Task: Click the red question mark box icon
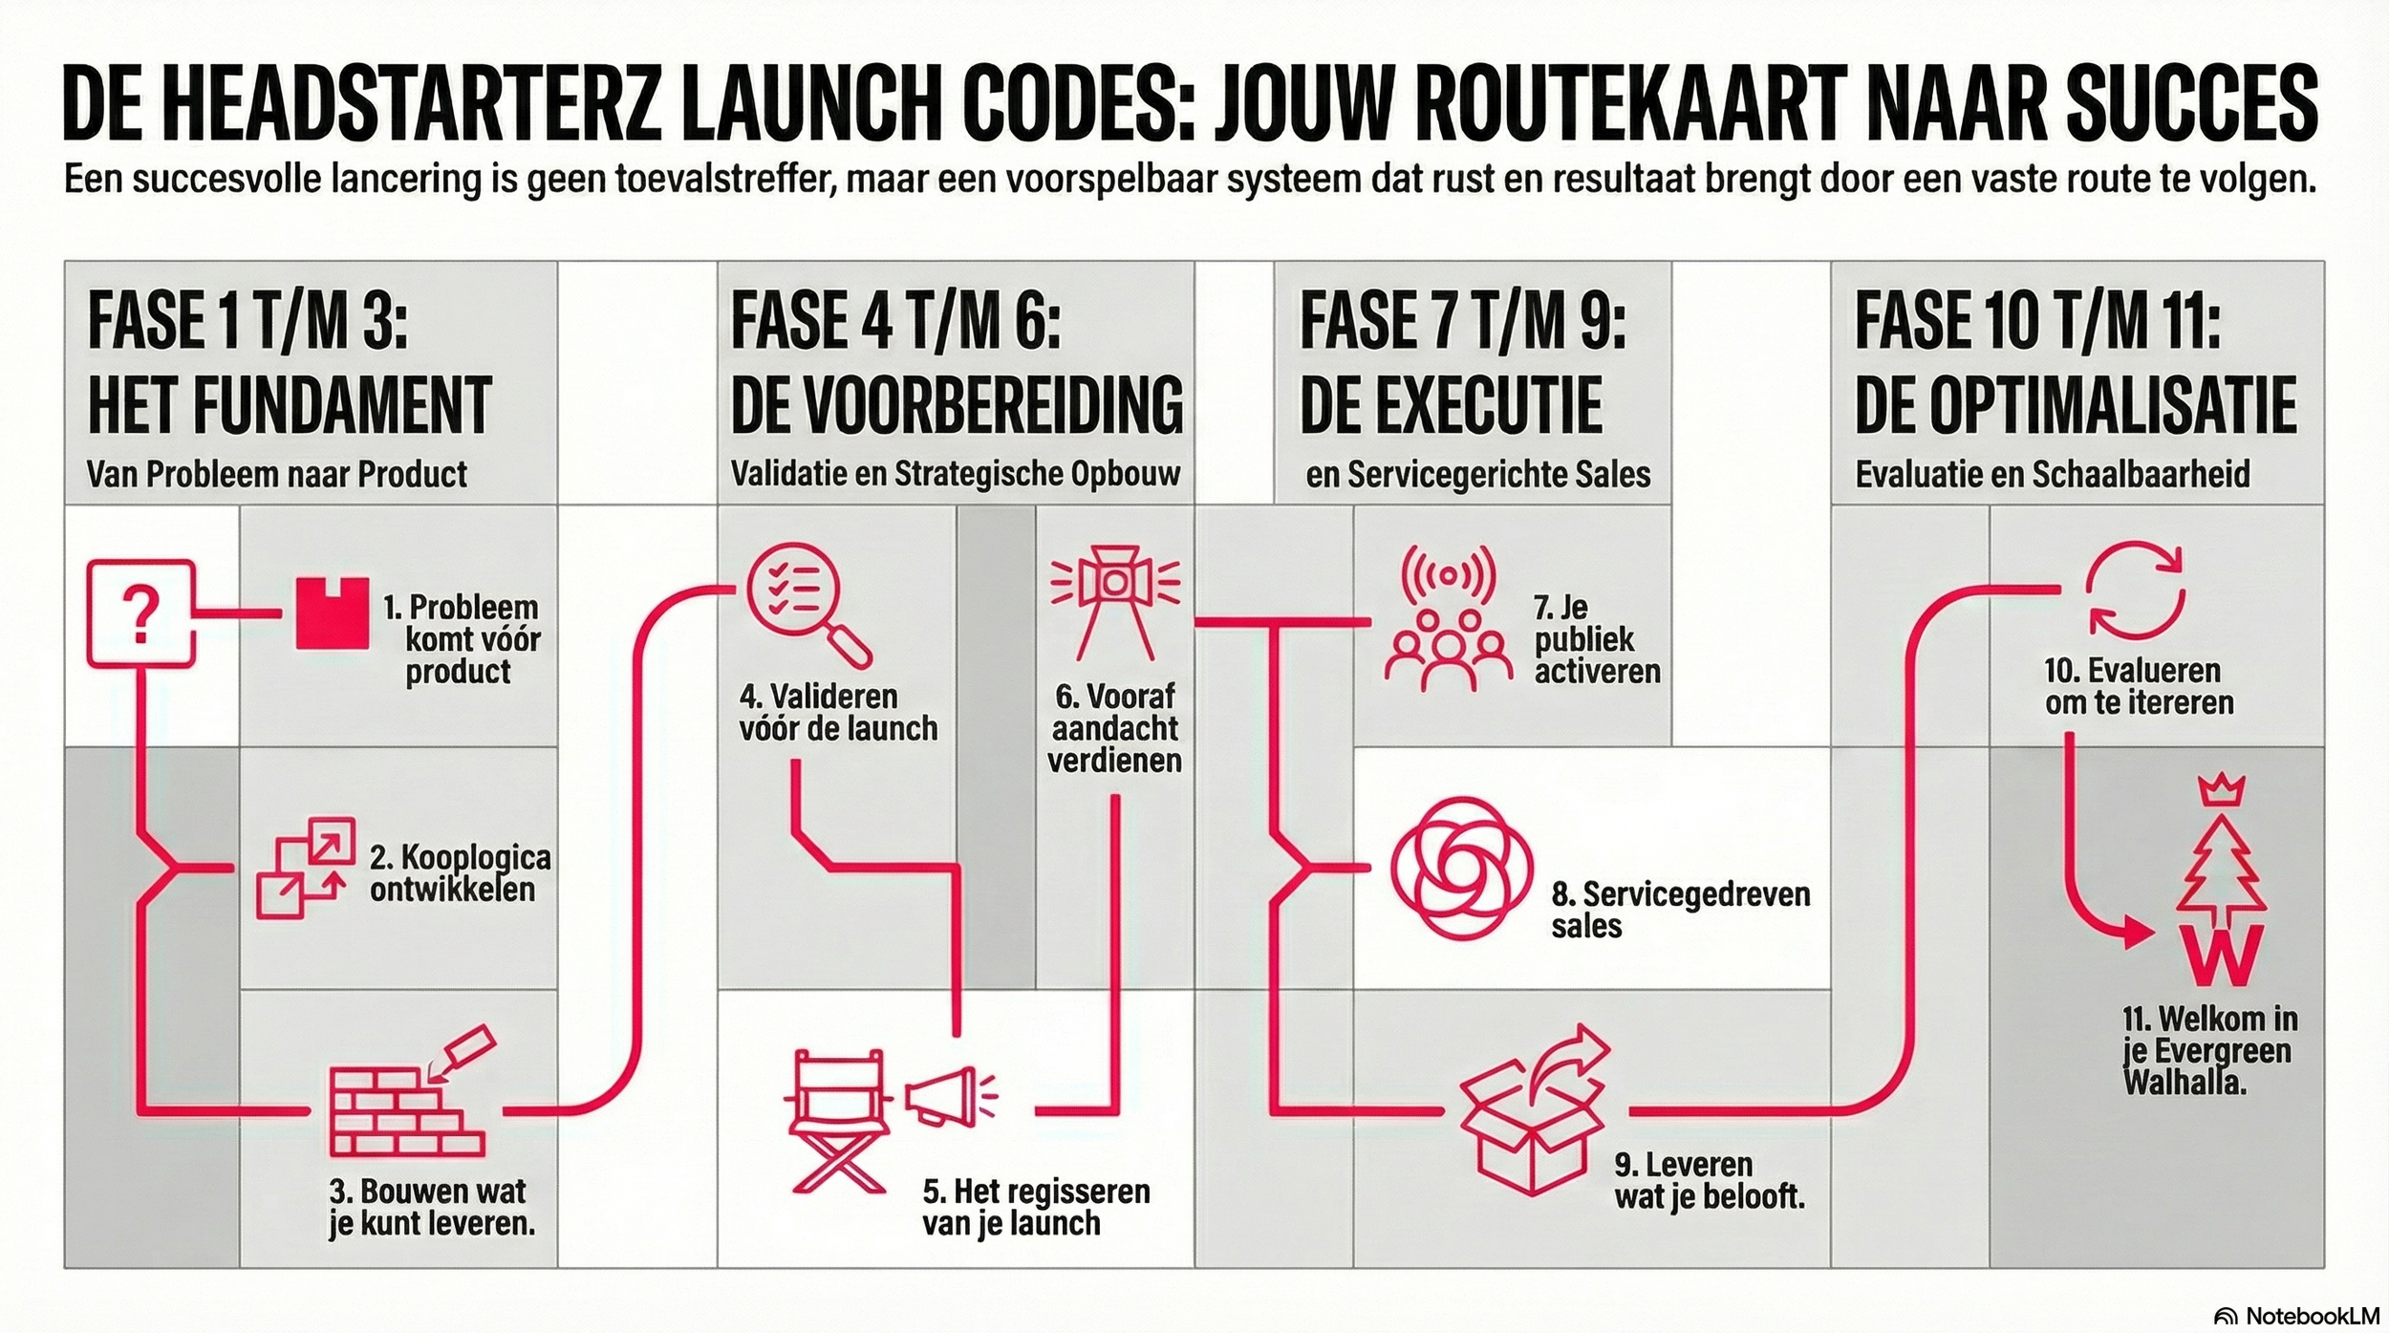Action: point(140,613)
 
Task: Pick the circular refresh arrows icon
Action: point(2134,590)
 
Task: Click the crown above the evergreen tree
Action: point(2221,790)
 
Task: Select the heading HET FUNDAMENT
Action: point(290,405)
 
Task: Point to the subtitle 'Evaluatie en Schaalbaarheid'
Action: point(2052,474)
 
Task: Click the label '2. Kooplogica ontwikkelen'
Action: point(460,872)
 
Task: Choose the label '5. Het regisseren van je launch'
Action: point(1036,1207)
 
